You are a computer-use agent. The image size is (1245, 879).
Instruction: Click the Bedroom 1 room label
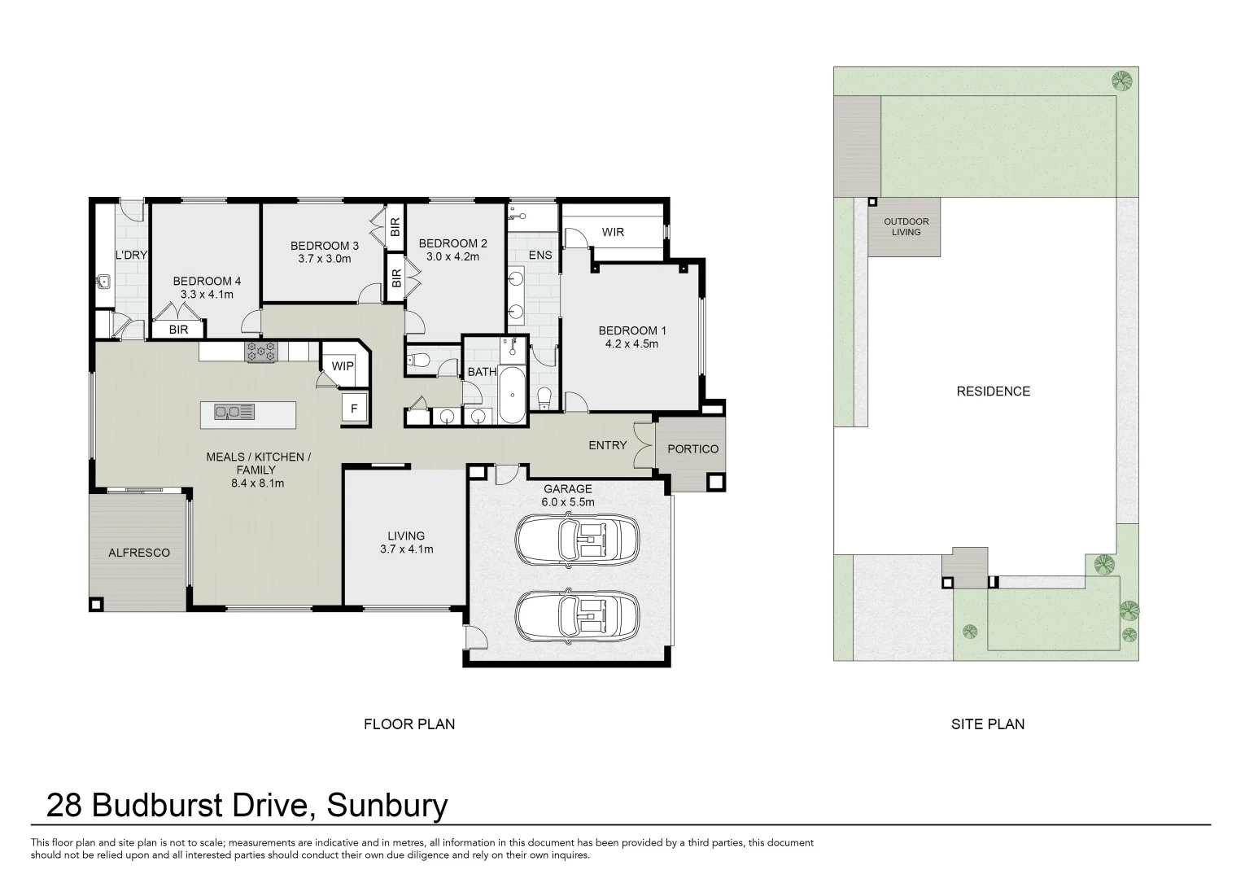pyautogui.click(x=631, y=330)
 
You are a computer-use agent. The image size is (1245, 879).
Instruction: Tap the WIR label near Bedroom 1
pyautogui.click(x=613, y=232)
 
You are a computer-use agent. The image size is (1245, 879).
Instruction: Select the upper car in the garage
pyautogui.click(x=577, y=538)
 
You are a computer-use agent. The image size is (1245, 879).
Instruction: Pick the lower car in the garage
pyautogui.click(x=577, y=614)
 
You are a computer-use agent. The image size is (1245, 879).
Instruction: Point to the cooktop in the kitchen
pyautogui.click(x=262, y=352)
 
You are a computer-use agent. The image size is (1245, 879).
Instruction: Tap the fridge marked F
pyautogui.click(x=354, y=409)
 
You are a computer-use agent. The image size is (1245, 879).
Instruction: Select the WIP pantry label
pyautogui.click(x=343, y=366)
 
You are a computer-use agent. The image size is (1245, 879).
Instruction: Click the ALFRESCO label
pyautogui.click(x=139, y=553)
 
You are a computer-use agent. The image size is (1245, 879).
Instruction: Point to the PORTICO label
pyautogui.click(x=692, y=448)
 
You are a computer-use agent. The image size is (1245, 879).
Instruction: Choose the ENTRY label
pyautogui.click(x=607, y=445)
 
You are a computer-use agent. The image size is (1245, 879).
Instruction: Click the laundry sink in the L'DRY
pyautogui.click(x=103, y=282)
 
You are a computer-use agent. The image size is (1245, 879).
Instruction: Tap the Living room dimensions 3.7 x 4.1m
pyautogui.click(x=406, y=549)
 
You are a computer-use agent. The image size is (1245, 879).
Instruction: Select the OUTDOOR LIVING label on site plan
pyautogui.click(x=906, y=226)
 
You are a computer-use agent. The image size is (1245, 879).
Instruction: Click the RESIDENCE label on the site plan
pyautogui.click(x=993, y=391)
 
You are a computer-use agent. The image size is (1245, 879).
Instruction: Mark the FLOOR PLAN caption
pyautogui.click(x=408, y=724)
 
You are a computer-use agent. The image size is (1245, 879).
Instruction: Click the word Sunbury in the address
pyautogui.click(x=387, y=806)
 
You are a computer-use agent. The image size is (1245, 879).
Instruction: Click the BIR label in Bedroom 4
pyautogui.click(x=178, y=330)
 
